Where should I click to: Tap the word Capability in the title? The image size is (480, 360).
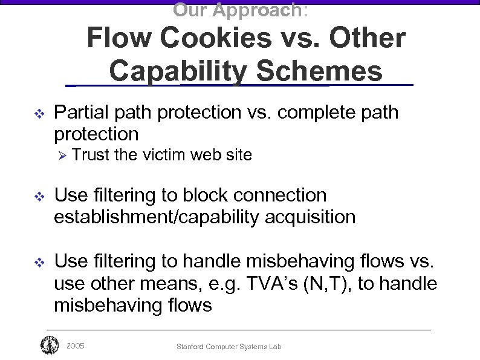click(x=178, y=71)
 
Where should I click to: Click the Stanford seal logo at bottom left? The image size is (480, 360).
click(x=49, y=345)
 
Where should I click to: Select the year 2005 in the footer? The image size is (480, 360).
click(x=76, y=346)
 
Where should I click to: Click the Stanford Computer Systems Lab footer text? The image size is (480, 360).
click(x=229, y=347)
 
